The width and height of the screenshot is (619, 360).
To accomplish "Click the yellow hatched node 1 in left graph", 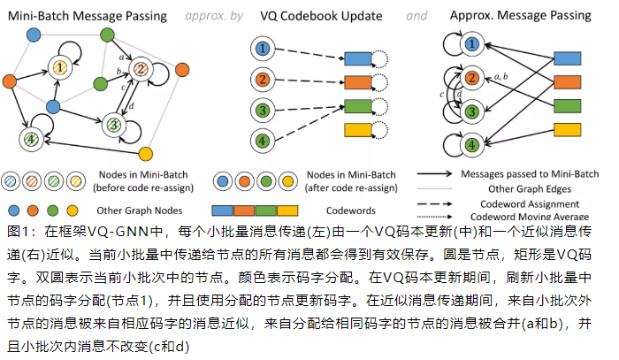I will click(60, 66).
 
